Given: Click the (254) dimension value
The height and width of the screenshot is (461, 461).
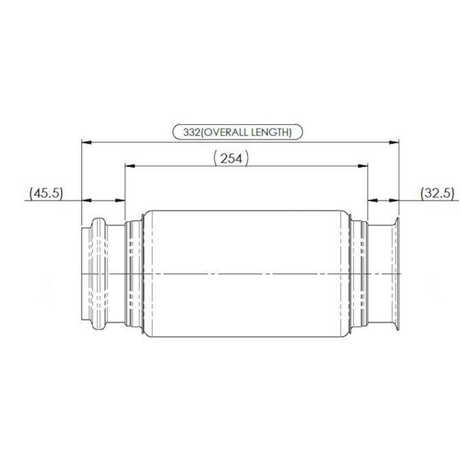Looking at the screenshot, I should coord(231,159).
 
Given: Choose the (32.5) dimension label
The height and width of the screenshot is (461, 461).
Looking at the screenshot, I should coord(438,193).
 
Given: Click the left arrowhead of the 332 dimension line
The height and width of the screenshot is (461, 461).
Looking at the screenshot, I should coord(87,142).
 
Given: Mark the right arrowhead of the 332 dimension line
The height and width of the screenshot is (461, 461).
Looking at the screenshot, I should coord(395,142).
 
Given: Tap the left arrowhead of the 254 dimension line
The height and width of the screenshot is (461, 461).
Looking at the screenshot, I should coord(129,166).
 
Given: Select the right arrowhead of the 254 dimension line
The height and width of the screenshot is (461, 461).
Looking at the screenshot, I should coord(363,166).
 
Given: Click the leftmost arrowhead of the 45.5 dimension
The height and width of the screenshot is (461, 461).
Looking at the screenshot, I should coord(87,200).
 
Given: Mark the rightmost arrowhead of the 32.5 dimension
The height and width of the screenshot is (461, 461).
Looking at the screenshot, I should coord(395,200).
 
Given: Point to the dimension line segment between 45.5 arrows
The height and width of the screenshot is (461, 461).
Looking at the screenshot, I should coord(104,200).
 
